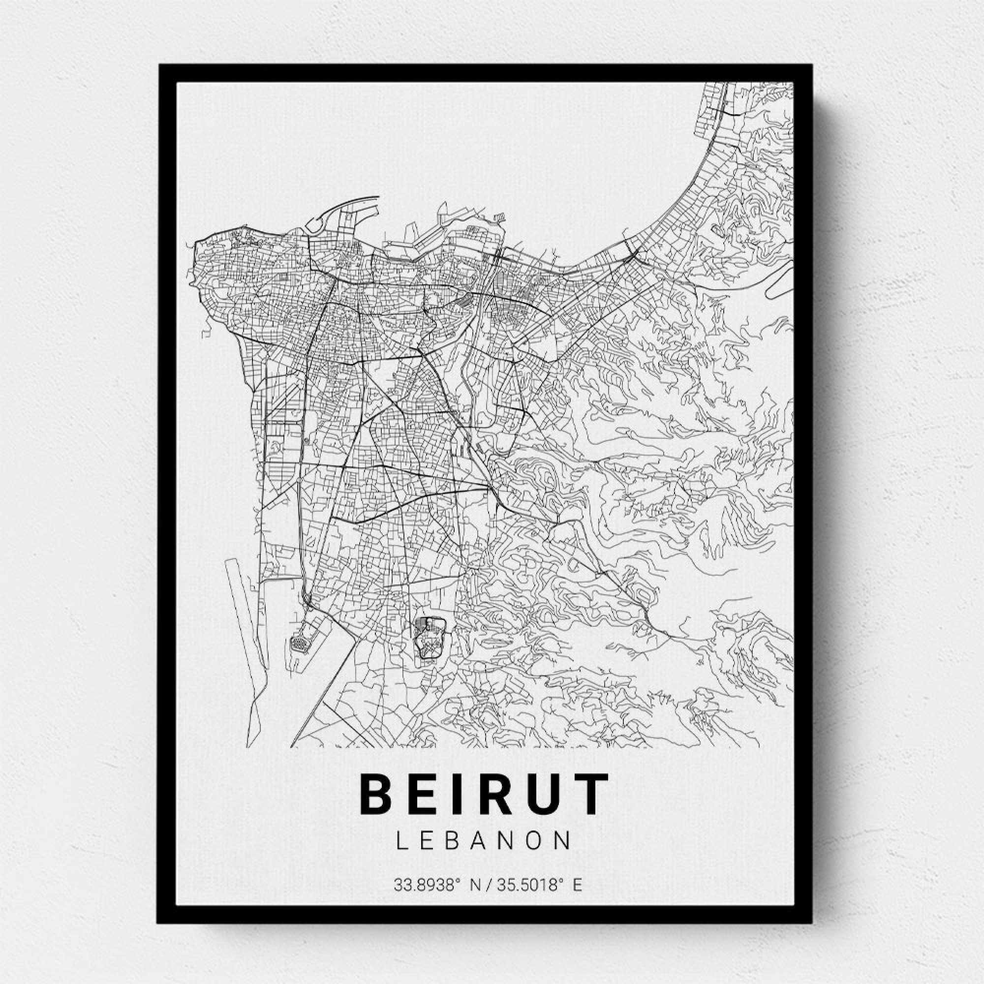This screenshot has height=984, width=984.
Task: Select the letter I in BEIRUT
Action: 467,795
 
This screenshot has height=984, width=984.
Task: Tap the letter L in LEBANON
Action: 401,841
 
